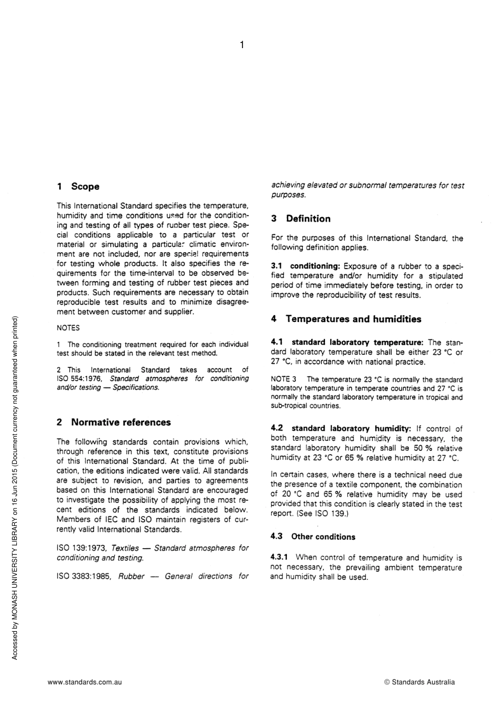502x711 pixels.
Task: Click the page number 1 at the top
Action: (241, 45)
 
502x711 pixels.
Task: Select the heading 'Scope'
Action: (85, 187)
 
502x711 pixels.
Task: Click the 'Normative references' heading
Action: (121, 422)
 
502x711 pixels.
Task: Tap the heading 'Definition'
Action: (308, 219)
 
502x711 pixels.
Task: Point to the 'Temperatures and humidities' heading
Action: (354, 319)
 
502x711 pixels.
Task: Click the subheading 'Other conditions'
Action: (323, 537)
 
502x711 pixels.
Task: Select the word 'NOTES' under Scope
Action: (68, 328)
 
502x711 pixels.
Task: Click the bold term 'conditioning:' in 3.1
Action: (315, 266)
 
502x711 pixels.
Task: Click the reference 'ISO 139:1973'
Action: (81, 548)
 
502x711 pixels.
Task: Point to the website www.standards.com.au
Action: (85, 682)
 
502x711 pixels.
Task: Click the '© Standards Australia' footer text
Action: (419, 682)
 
